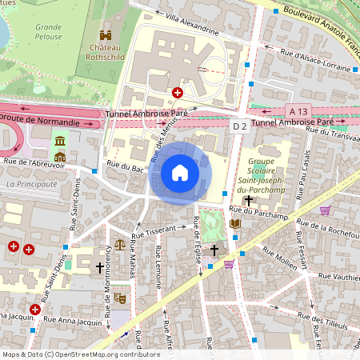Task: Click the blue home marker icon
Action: [x=180, y=172]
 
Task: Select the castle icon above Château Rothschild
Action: [x=106, y=34]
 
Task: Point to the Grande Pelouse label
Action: [x=48, y=32]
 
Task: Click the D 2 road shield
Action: [x=239, y=126]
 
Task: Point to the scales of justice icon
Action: [x=120, y=245]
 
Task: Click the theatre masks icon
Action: [x=120, y=298]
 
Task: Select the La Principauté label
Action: [x=31, y=183]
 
